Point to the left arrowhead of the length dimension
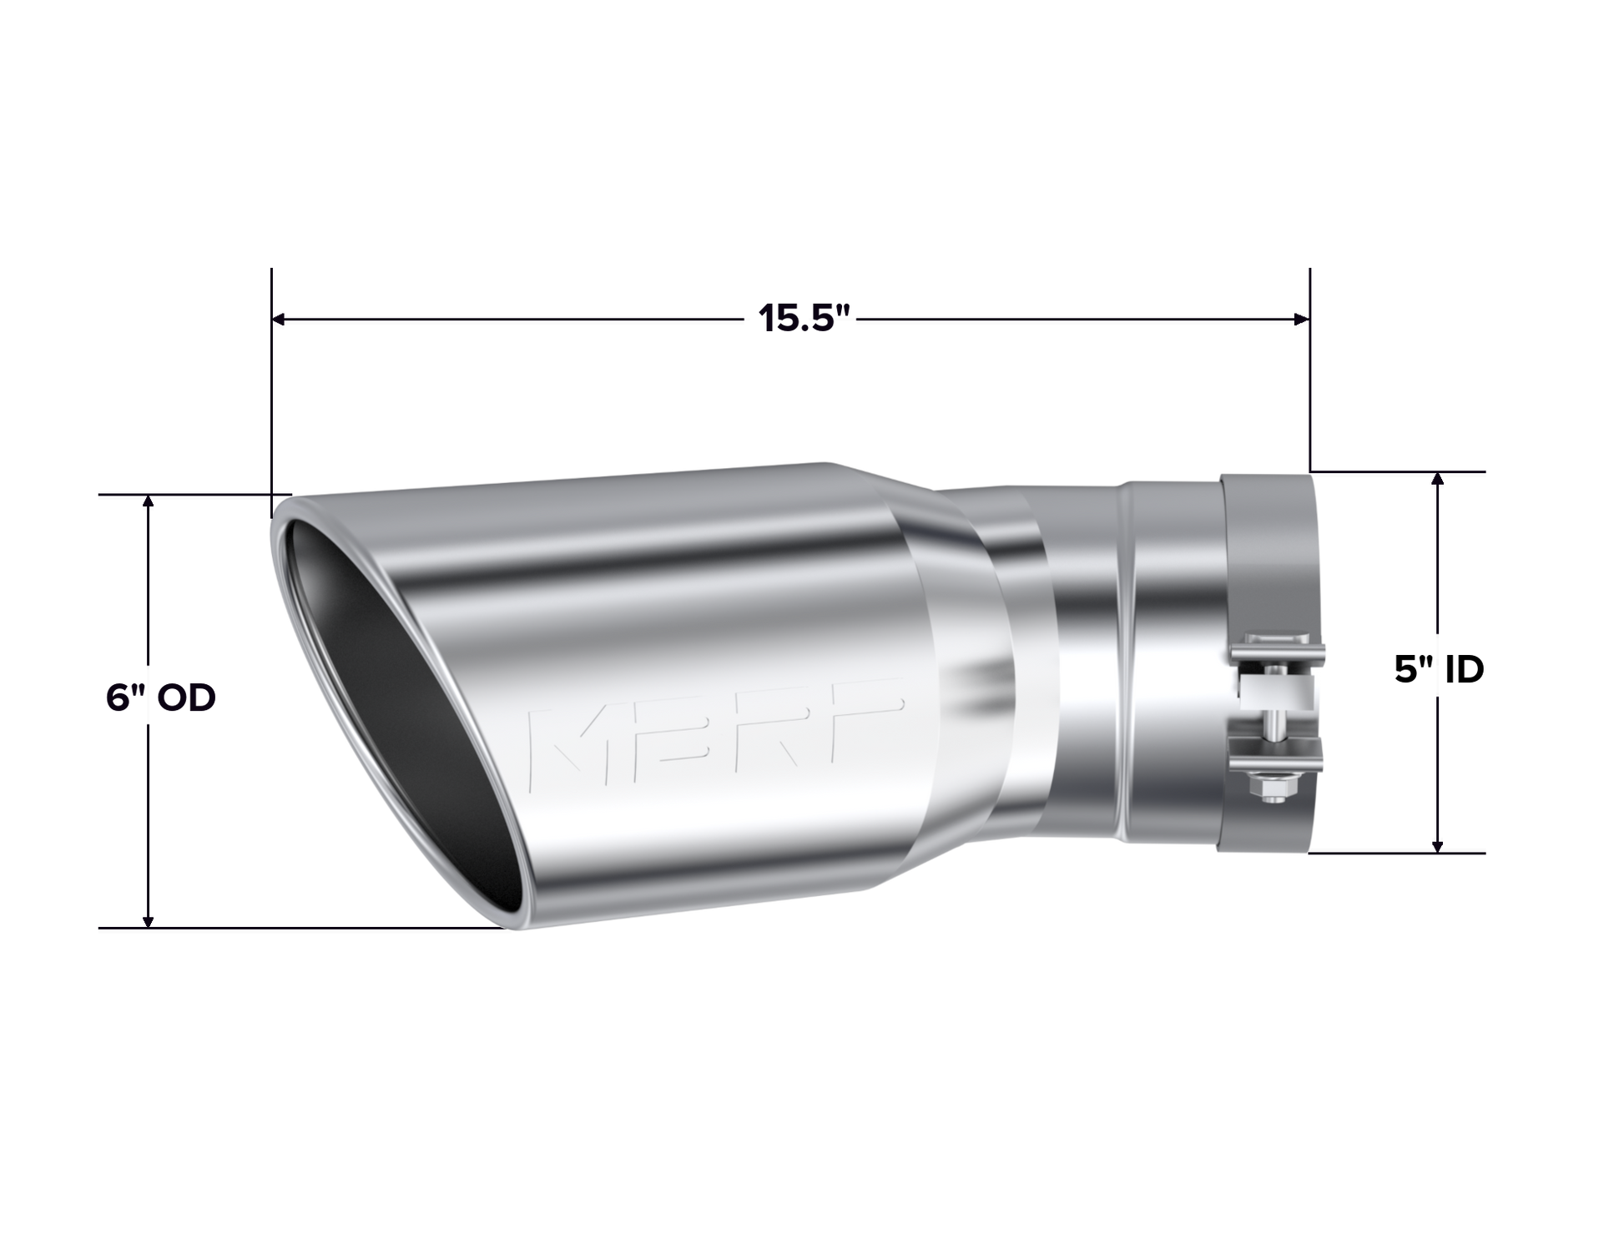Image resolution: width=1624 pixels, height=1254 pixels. pos(282,318)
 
